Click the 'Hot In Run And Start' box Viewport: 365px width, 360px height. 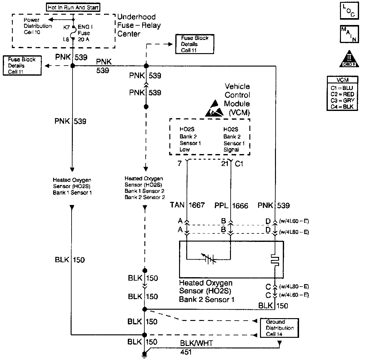click(x=73, y=7)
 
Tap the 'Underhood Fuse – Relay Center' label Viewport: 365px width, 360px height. click(x=139, y=25)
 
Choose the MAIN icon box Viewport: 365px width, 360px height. click(x=349, y=34)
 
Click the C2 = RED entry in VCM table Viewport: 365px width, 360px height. click(x=342, y=94)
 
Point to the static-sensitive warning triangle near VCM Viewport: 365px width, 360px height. click(x=214, y=108)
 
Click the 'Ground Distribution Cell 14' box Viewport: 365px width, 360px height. click(x=280, y=328)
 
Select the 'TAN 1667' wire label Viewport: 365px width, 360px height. click(x=187, y=205)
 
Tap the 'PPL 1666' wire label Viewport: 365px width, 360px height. click(x=231, y=205)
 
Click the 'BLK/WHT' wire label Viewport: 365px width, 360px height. click(x=196, y=343)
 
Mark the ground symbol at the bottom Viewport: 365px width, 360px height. click(x=144, y=354)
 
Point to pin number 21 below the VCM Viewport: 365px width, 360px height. click(x=225, y=163)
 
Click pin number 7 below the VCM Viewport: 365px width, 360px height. click(x=179, y=163)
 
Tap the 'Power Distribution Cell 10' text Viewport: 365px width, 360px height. click(x=37, y=26)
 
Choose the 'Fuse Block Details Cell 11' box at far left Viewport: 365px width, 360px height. click(x=22, y=66)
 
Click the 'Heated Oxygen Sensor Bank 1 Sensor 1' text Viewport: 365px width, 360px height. click(x=72, y=186)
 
